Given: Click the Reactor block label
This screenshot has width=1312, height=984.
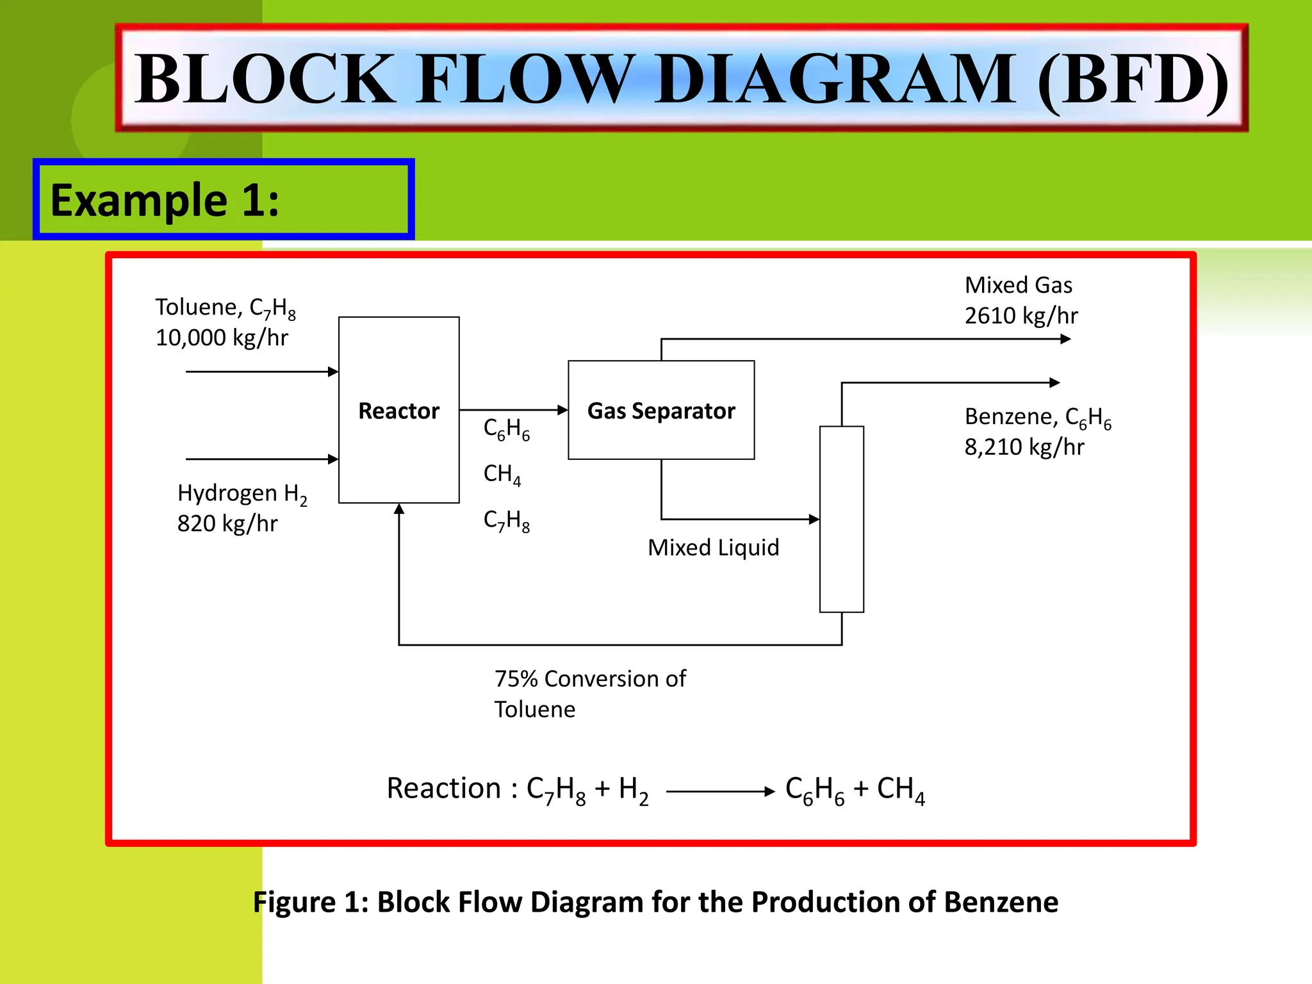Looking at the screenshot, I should tap(398, 411).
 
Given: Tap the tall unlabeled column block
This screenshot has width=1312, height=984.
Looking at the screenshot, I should tap(841, 519).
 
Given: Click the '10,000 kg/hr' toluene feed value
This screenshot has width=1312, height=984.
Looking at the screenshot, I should tap(222, 338).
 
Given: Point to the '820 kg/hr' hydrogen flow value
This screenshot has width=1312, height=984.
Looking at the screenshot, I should tap(227, 523).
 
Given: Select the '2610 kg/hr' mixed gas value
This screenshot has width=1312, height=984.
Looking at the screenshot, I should tap(1021, 316).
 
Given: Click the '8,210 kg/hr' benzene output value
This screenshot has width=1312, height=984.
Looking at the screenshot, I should tap(1024, 447).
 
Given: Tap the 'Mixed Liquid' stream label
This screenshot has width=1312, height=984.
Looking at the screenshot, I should tap(713, 548).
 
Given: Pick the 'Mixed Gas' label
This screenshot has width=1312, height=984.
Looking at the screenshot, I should tap(1018, 285).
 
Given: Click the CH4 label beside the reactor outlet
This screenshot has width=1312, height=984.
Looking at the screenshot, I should tap(502, 474).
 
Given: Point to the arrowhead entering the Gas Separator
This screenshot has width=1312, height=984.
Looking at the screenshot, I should tap(563, 410).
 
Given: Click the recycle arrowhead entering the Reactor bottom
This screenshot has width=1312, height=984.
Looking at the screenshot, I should tap(399, 509).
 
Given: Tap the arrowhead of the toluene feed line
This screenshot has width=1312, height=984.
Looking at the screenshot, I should tap(333, 372).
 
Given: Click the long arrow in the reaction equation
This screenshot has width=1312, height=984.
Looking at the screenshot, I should tap(720, 792).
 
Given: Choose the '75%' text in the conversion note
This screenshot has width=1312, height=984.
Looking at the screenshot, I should tap(516, 679).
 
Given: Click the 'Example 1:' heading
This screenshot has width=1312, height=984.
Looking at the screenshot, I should tap(165, 201).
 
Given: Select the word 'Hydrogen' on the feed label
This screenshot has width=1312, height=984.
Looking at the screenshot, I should tap(227, 493).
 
